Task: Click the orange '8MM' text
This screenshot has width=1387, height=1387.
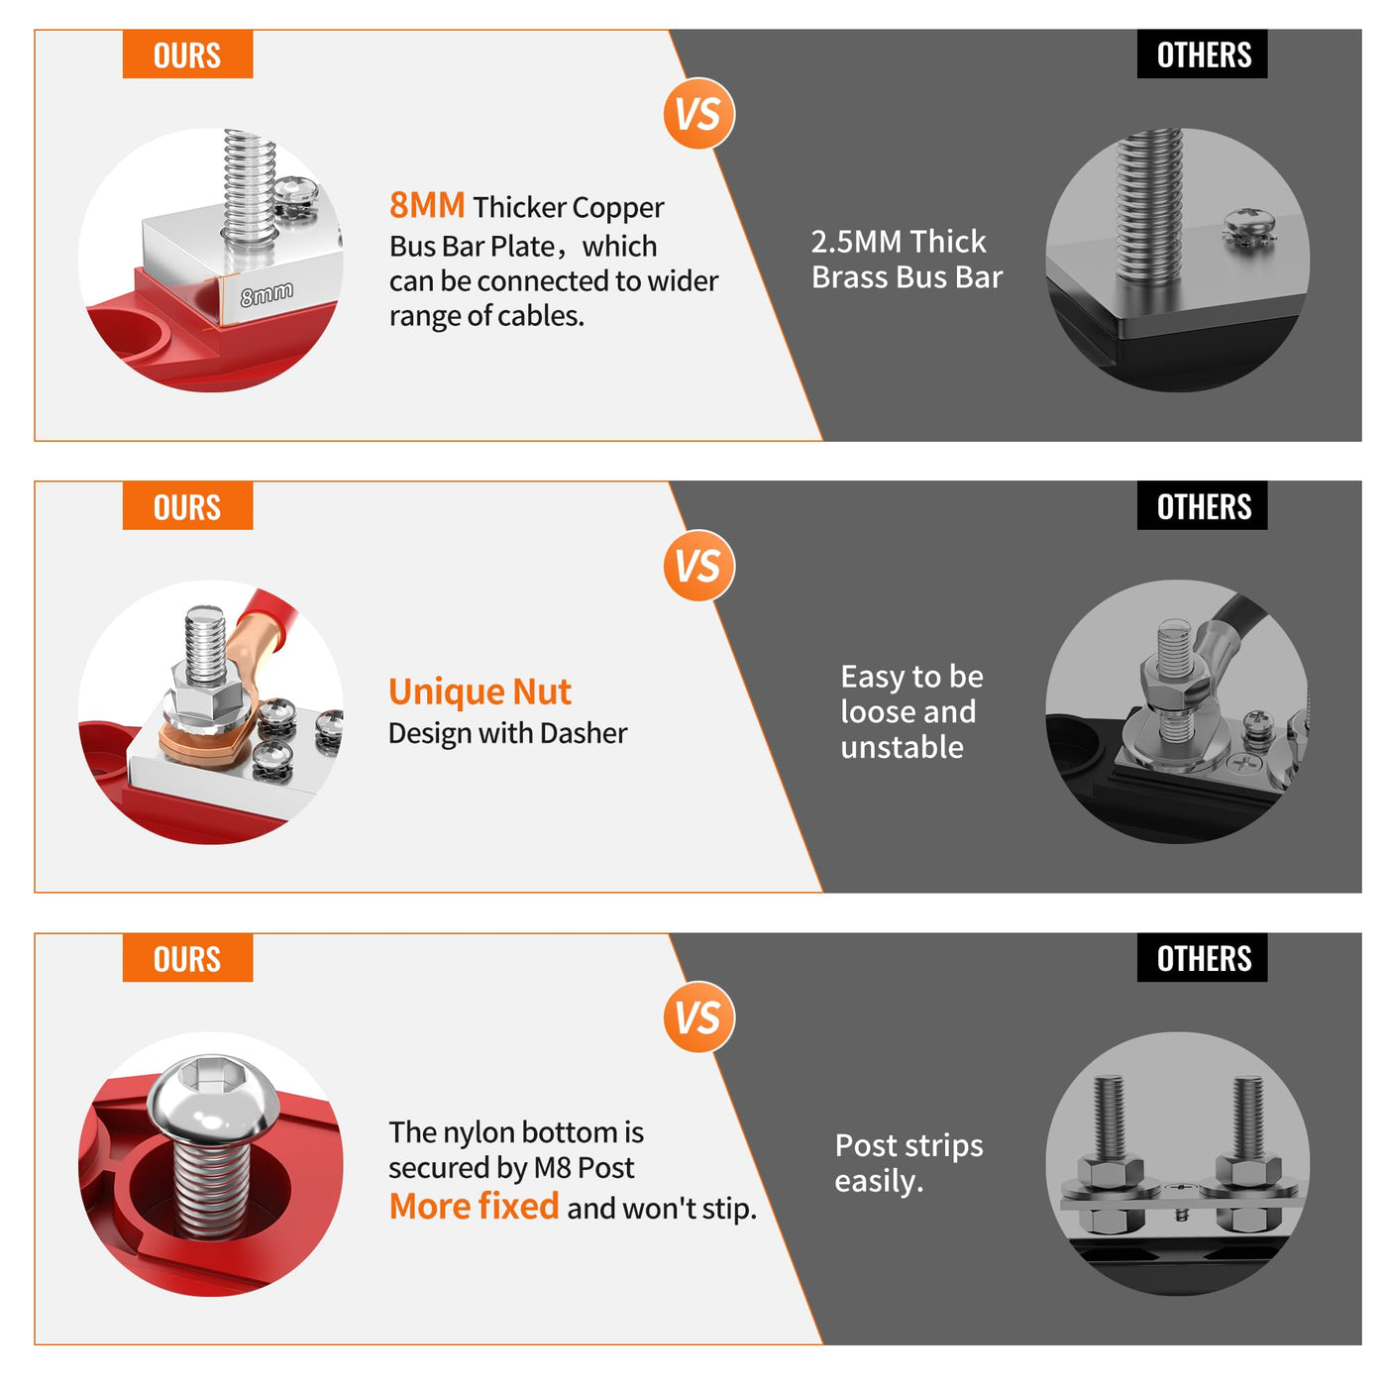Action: [426, 205]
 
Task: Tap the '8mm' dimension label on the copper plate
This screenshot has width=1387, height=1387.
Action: [267, 293]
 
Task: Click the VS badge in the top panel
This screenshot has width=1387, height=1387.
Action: [698, 114]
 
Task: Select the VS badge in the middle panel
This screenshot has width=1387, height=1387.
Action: [698, 565]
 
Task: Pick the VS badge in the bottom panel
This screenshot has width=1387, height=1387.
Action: [698, 1016]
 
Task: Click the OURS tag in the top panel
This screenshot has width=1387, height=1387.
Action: [187, 54]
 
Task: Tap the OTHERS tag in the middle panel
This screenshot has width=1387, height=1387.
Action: [1202, 506]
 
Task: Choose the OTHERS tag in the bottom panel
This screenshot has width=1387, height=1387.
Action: [1202, 957]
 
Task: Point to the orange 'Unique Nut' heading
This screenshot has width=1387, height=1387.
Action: [480, 691]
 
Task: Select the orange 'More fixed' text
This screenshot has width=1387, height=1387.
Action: [474, 1207]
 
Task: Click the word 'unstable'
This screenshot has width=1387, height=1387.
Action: [902, 747]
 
